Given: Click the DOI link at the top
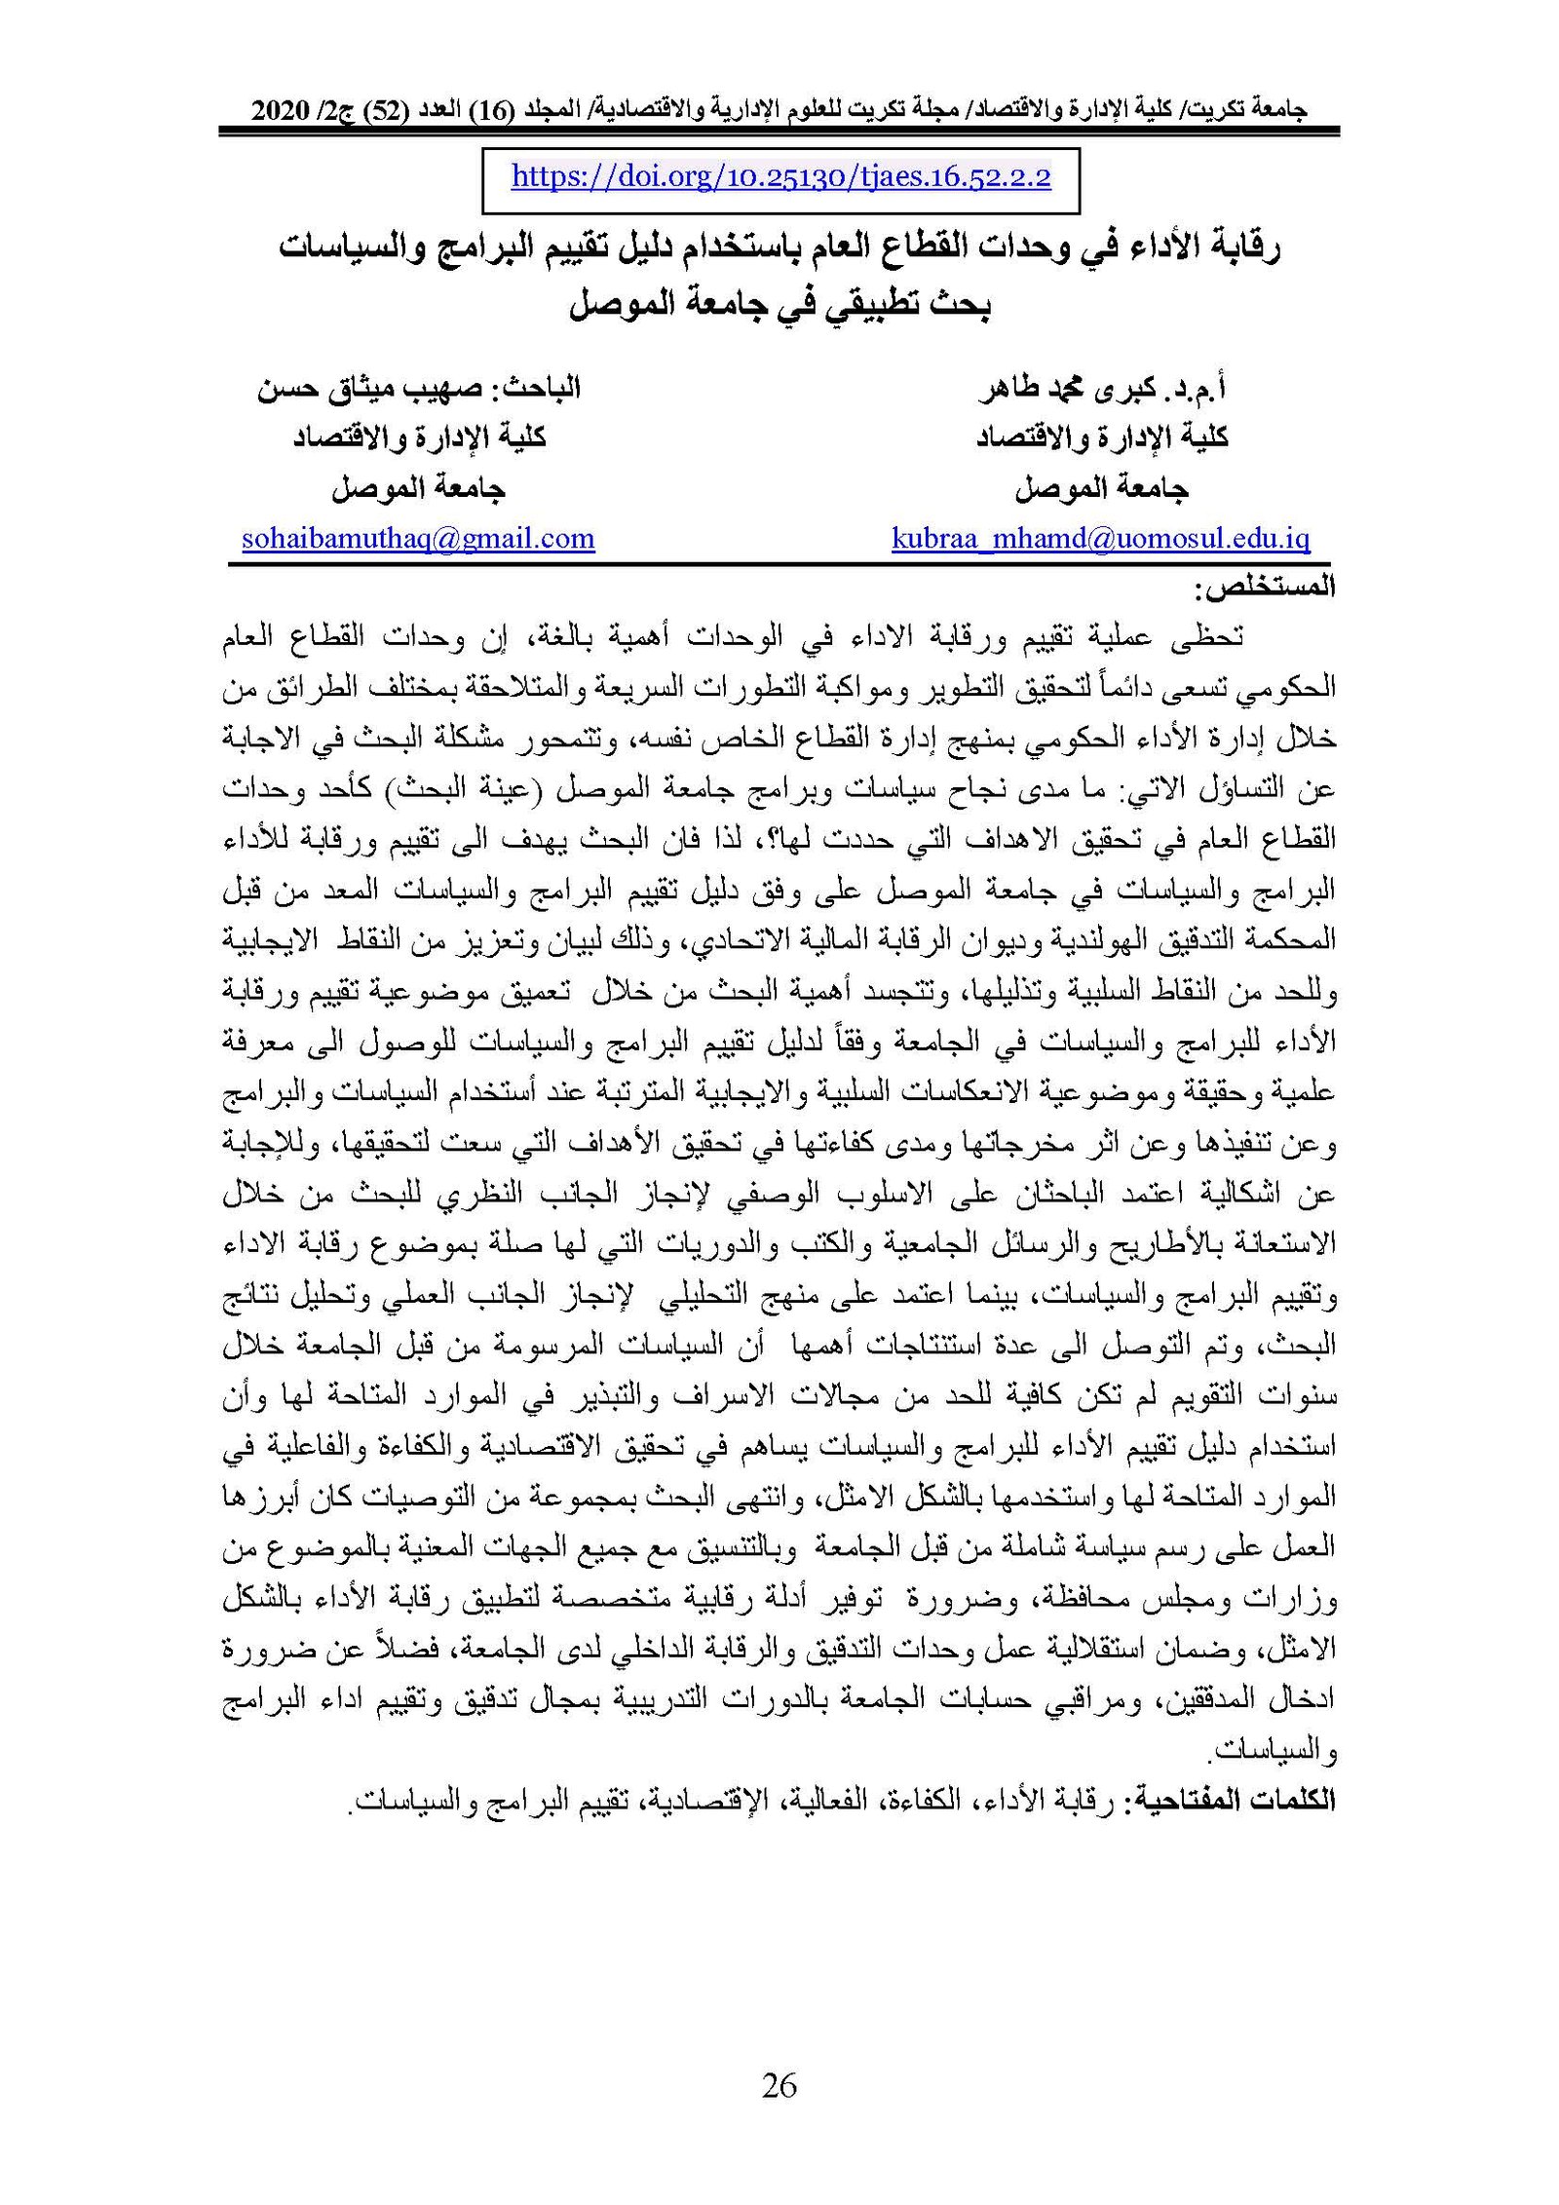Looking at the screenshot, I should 780,176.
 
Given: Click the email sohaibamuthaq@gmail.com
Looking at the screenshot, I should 418,538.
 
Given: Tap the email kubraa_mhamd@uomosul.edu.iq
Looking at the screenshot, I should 1100,538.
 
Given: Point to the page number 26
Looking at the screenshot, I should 779,2084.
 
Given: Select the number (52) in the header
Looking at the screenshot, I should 382,111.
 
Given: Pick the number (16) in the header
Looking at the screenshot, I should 496,111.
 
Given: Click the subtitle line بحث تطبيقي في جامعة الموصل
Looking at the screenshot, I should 779,304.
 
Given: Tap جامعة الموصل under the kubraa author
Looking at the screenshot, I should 1101,487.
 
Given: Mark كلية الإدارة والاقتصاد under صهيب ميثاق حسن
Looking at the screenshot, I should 419,437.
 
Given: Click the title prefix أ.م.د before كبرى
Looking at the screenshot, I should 1195,389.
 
